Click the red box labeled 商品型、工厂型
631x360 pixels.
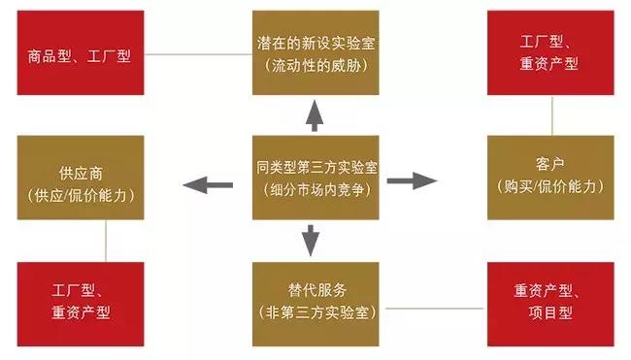[81, 53]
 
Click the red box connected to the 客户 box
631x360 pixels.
[550, 53]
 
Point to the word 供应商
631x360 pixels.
[81, 174]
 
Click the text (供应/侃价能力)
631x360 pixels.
[81, 195]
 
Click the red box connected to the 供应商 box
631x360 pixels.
[81, 301]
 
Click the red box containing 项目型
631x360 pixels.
[550, 301]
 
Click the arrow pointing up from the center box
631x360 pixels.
[314, 115]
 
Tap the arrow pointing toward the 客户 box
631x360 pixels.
[413, 180]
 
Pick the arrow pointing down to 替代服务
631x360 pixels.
[311, 239]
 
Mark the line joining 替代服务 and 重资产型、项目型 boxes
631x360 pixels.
[433, 308]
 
